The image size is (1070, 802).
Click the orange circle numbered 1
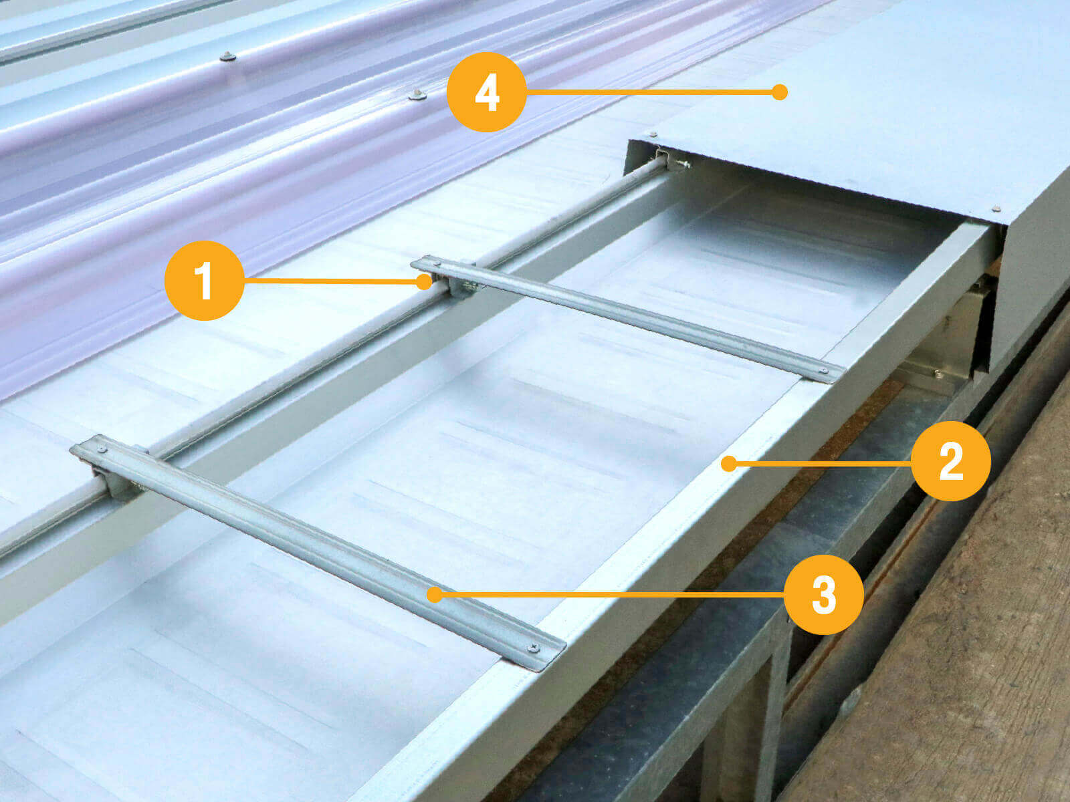pyautogui.click(x=204, y=281)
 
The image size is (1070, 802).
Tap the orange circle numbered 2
pyautogui.click(x=950, y=461)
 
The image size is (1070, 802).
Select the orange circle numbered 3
pyautogui.click(x=824, y=595)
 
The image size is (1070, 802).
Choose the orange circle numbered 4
pyautogui.click(x=486, y=92)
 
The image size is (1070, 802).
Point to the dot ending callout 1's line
pyautogui.click(x=424, y=281)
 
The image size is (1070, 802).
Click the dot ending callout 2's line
pyautogui.click(x=728, y=464)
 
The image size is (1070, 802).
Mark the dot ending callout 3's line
pyautogui.click(x=434, y=595)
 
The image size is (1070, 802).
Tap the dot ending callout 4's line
pyautogui.click(x=780, y=92)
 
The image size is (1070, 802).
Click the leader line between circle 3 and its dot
pyautogui.click(x=609, y=595)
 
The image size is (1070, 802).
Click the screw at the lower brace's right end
pyautogui.click(x=534, y=648)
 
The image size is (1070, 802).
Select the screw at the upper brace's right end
pyautogui.click(x=824, y=371)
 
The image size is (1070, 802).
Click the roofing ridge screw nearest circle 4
pyautogui.click(x=417, y=94)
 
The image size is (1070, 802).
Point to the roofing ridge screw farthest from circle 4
pyautogui.click(x=227, y=57)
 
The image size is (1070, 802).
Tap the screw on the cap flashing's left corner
pyautogui.click(x=653, y=134)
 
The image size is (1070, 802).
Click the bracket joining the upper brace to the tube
pyautogui.click(x=456, y=284)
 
